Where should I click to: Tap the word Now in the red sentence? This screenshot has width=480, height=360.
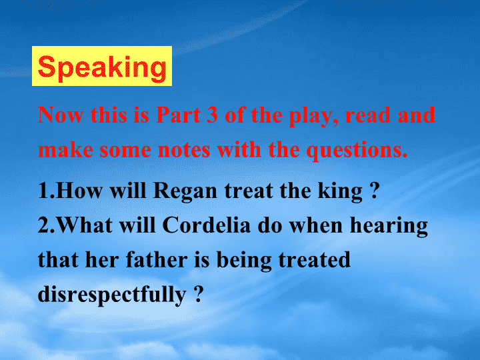[61, 115]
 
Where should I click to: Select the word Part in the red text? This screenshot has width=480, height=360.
[178, 115]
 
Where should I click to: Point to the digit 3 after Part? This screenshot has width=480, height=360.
[213, 115]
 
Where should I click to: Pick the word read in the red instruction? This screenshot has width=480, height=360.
[368, 115]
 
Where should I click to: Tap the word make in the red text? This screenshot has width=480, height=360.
[65, 150]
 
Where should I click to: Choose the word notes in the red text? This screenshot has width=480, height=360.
[184, 150]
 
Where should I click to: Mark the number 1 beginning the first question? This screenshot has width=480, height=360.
[44, 191]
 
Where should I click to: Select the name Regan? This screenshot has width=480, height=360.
[185, 192]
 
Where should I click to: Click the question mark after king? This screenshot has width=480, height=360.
[374, 191]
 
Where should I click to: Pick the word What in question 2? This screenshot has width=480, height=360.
[85, 225]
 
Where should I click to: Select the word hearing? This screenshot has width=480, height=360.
[389, 227]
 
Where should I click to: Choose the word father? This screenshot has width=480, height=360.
[157, 259]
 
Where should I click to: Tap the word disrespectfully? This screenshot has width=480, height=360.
[112, 295]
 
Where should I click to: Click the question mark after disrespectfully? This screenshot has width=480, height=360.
[199, 294]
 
